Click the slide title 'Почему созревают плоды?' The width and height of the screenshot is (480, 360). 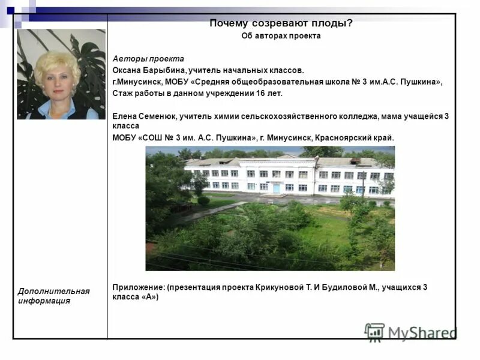[281, 23]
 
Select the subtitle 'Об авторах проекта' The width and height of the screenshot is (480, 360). [281, 36]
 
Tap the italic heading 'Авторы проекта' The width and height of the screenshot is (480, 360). [148, 59]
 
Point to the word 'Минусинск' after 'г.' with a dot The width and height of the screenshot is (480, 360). [138, 82]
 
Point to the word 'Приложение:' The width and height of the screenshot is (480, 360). [139, 287]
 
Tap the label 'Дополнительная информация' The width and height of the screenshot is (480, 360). [53, 296]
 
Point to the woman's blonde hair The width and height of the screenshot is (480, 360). [56, 62]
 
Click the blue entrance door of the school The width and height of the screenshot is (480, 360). [276, 187]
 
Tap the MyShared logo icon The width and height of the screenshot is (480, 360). [374, 332]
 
